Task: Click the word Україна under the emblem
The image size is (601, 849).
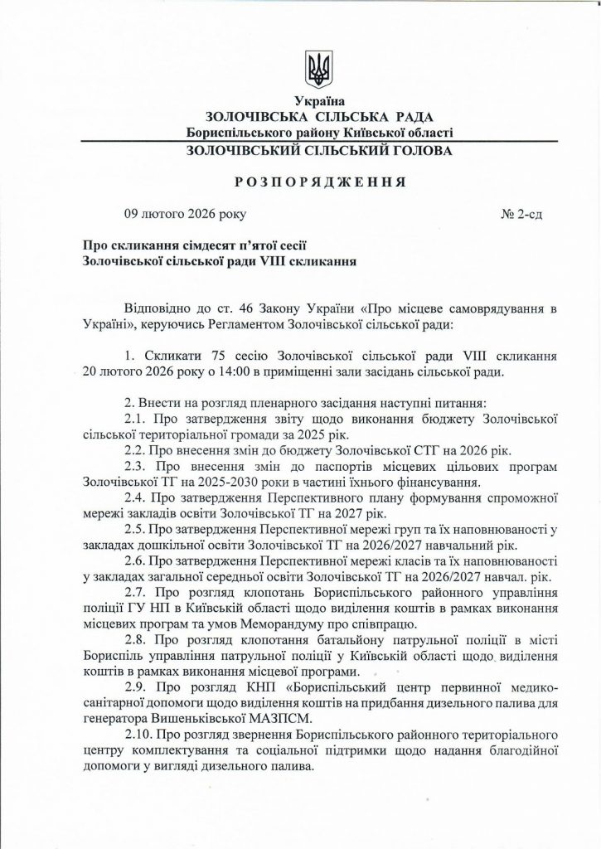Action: (318, 103)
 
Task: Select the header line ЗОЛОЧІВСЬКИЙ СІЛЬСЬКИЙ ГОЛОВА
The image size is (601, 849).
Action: (319, 152)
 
